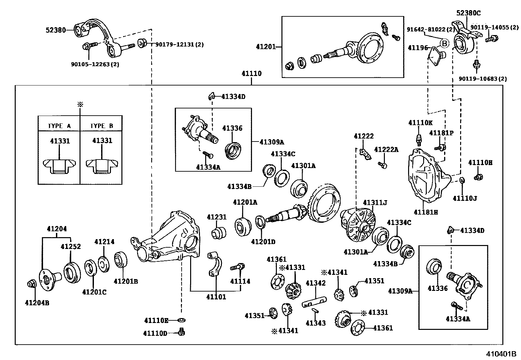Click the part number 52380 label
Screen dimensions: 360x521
(x=56, y=30)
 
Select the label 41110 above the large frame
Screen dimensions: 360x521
(x=251, y=73)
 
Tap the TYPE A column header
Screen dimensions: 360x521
(x=59, y=126)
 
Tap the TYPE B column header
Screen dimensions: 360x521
(x=101, y=126)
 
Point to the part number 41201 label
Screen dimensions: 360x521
(x=266, y=47)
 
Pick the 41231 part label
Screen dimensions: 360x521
(x=217, y=217)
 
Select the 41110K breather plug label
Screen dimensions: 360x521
(x=420, y=123)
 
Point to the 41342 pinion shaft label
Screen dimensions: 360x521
(x=315, y=283)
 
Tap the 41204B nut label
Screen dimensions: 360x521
(x=37, y=303)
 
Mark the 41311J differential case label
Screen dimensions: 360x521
(x=375, y=203)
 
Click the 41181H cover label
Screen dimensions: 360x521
(x=425, y=212)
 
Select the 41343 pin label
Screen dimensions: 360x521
(x=315, y=323)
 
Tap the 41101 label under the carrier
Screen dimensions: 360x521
(x=216, y=297)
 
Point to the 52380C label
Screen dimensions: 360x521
(x=469, y=13)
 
